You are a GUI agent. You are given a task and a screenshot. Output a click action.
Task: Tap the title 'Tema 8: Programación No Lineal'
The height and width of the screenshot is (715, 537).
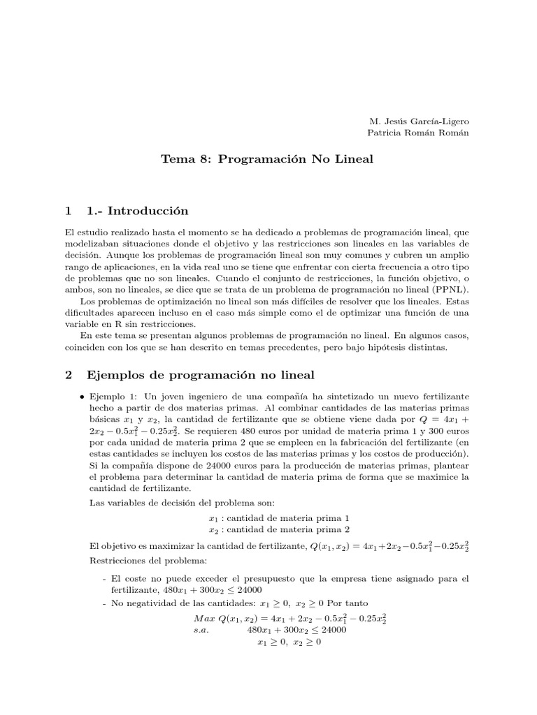coord(268,159)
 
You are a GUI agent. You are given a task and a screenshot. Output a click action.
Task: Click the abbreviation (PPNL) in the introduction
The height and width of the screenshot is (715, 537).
coord(452,290)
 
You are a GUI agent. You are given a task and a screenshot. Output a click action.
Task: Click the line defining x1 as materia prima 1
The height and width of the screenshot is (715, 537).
coord(278,517)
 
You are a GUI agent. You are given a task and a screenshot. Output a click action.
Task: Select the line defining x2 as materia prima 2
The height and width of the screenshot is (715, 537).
coord(278,529)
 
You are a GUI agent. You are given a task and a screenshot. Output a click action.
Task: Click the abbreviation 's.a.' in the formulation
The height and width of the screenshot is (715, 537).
coord(202,630)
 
